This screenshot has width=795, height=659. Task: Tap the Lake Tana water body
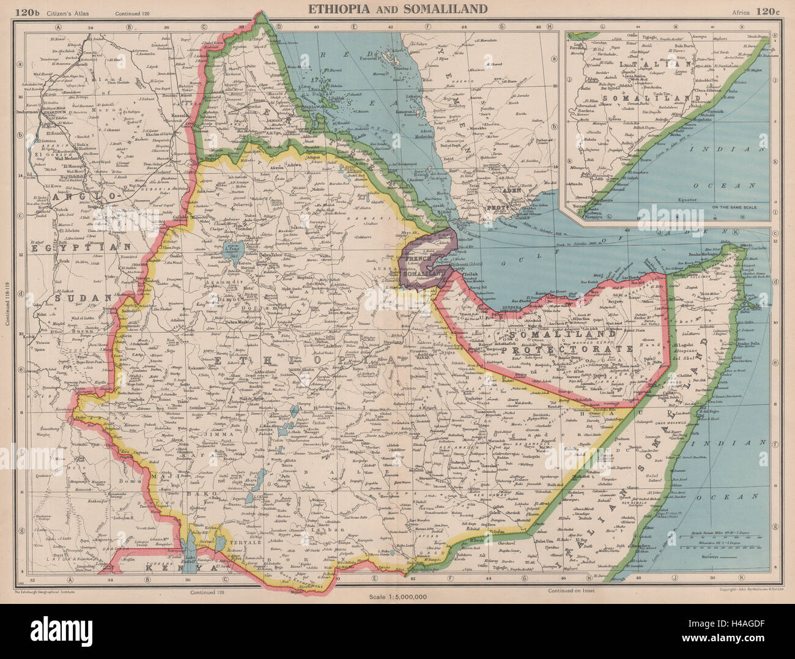click(249, 250)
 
